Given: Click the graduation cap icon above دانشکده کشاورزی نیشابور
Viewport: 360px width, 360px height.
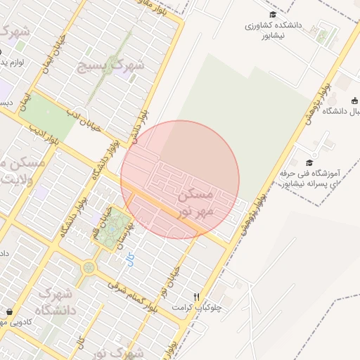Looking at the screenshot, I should point(272,15).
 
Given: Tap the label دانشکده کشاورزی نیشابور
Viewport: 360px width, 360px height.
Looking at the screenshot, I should point(273,30).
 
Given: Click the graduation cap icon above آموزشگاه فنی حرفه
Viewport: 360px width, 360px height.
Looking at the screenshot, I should point(309,163).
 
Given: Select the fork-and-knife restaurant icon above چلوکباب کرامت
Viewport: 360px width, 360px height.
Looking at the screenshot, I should point(197,297).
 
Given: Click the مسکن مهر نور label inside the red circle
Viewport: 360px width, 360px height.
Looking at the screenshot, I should point(198,202).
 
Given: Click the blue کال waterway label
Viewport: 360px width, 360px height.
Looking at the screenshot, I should point(130,260).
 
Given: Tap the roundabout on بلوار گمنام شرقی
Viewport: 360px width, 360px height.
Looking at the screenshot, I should point(89,267).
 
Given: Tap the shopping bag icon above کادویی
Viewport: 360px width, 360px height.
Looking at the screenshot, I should point(9,311).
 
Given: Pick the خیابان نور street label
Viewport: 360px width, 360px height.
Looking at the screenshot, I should point(173,277).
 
